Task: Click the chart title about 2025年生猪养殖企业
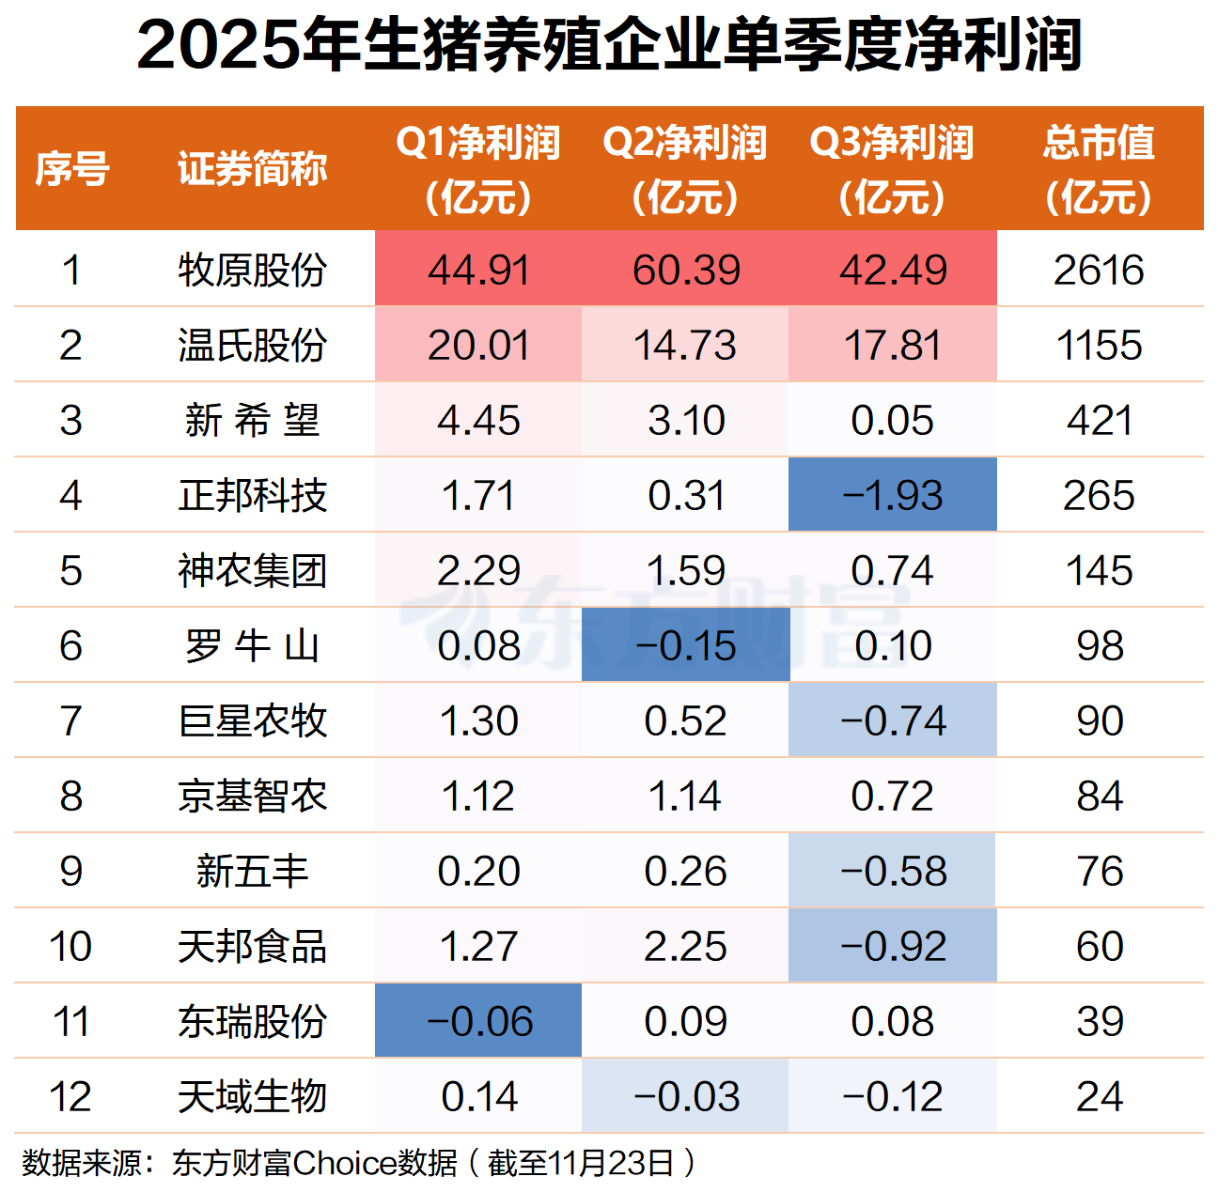tap(609, 45)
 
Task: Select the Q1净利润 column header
tap(478, 169)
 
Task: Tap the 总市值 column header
tap(1099, 169)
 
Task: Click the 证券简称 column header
tap(252, 169)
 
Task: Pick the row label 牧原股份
tap(252, 271)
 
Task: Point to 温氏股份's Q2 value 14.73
tap(685, 346)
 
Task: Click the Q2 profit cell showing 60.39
tap(685, 271)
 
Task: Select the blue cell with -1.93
tap(892, 496)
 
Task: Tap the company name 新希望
tap(252, 421)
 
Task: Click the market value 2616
tap(1099, 271)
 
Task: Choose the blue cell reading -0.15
tap(685, 646)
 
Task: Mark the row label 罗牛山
tap(252, 646)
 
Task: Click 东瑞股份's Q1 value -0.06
tap(478, 1022)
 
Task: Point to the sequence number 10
tap(70, 947)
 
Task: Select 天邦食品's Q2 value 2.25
tap(685, 947)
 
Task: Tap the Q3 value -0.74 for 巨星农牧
tap(892, 721)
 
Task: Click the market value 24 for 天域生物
tap(1099, 1097)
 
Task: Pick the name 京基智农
tap(252, 797)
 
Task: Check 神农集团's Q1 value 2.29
tap(478, 571)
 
